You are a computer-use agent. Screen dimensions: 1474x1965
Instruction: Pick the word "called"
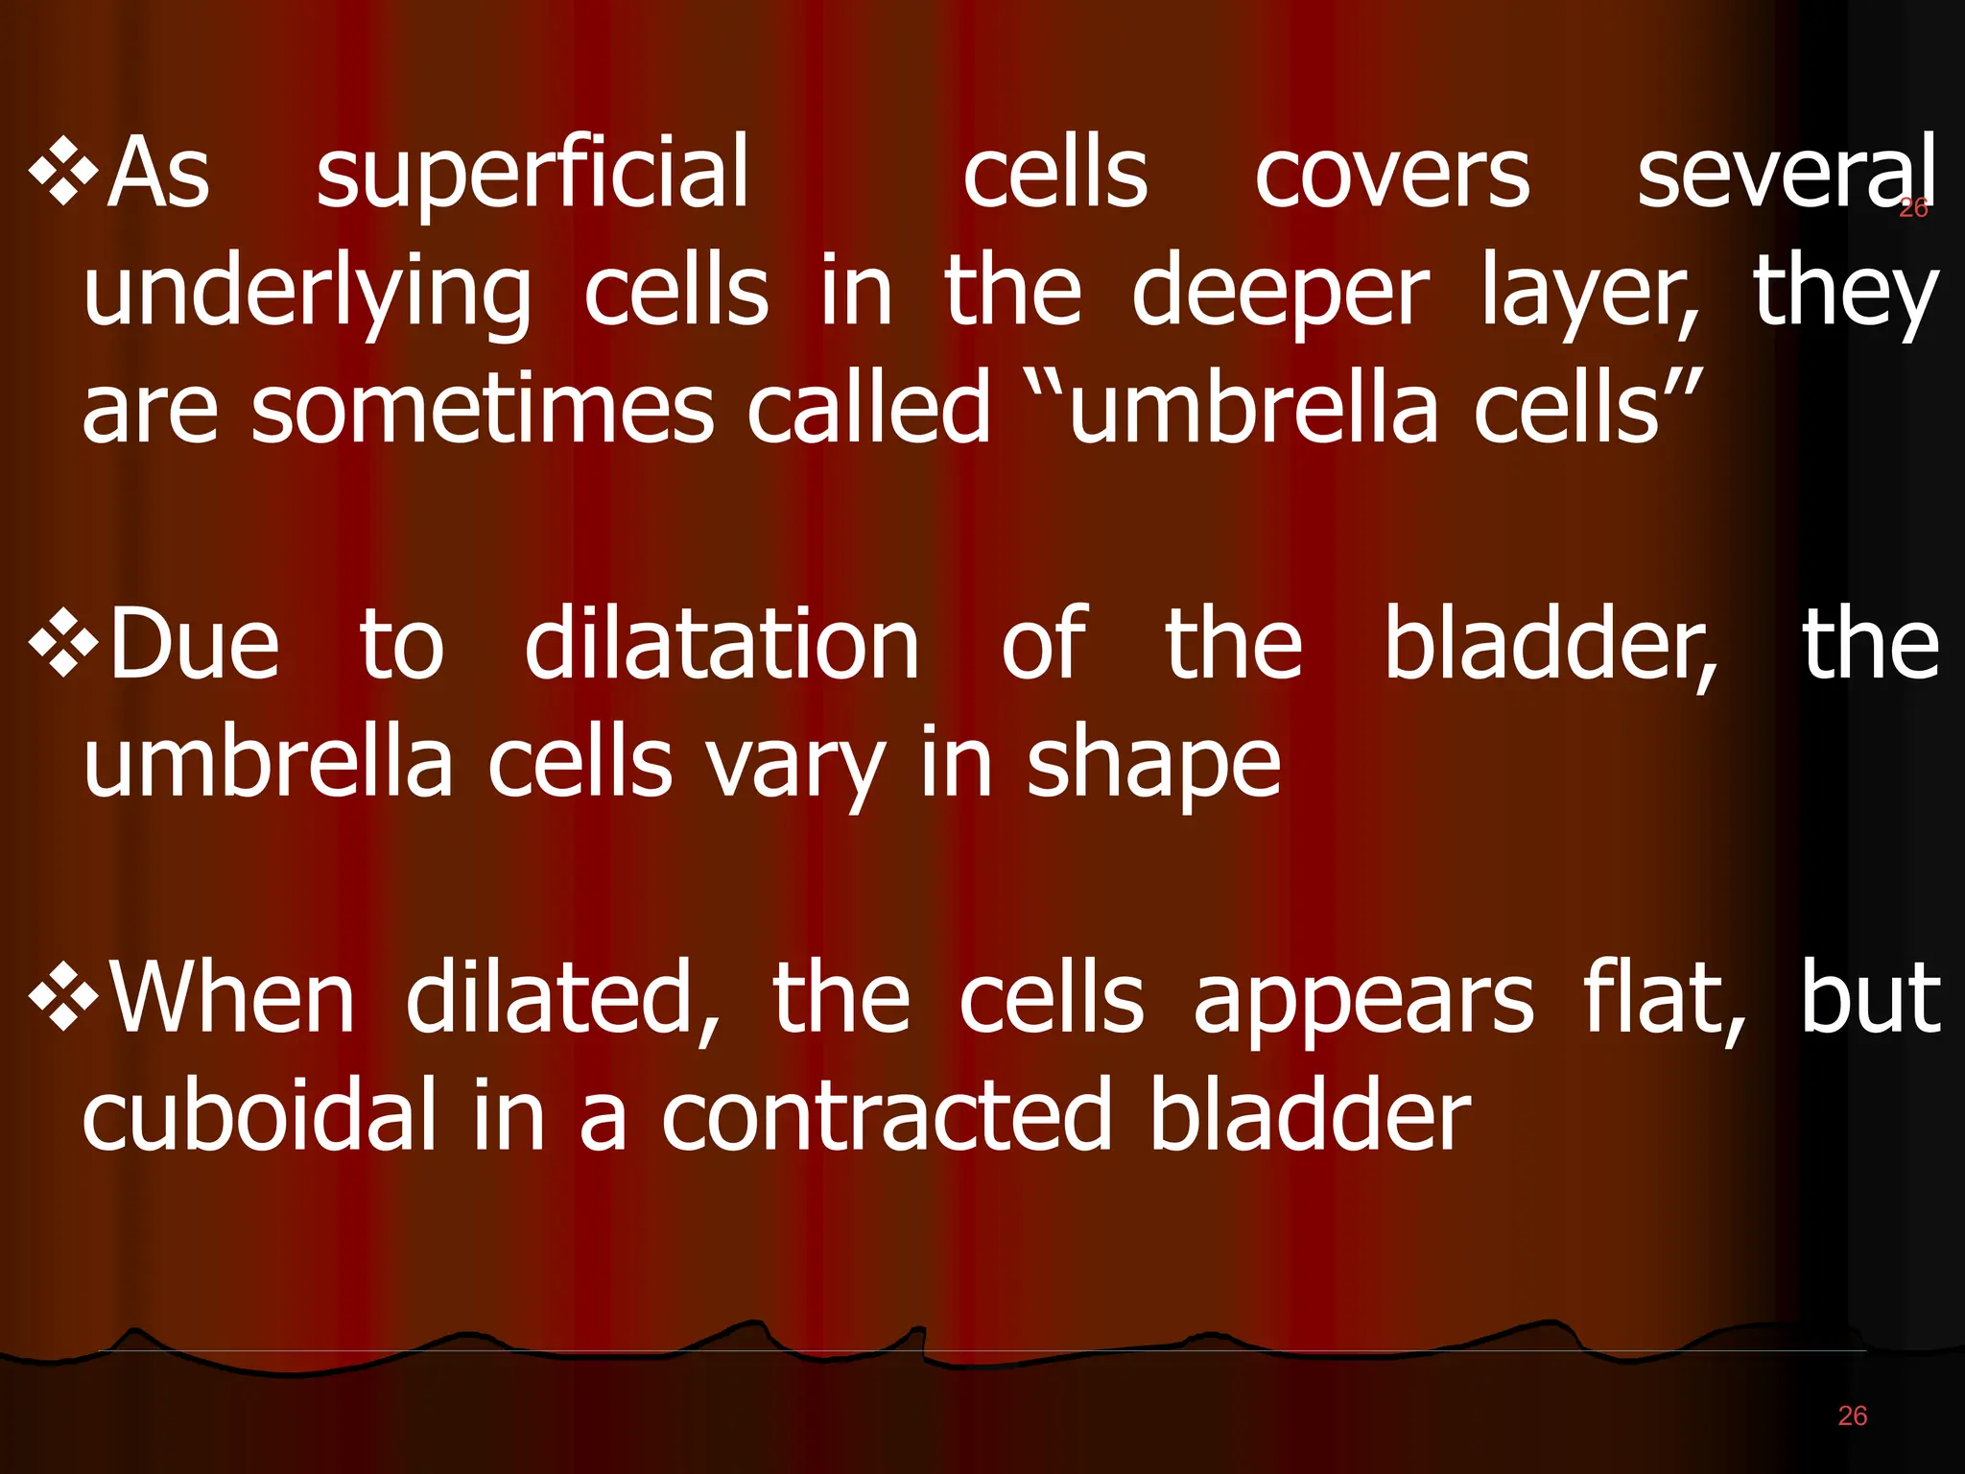click(868, 409)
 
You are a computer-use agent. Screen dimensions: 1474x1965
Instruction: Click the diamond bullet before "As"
click(63, 173)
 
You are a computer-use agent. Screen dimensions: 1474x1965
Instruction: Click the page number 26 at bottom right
click(1853, 1415)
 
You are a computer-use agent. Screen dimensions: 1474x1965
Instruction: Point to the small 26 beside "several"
click(1913, 208)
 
